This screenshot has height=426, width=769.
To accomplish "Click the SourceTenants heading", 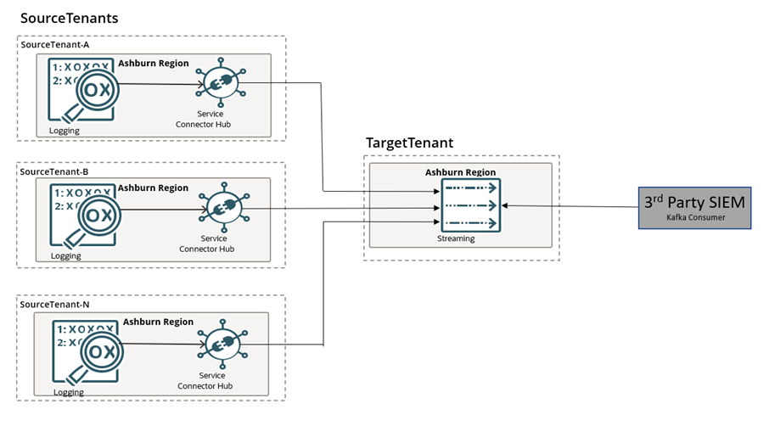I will tap(69, 18).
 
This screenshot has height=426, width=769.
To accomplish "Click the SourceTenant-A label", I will tap(53, 44).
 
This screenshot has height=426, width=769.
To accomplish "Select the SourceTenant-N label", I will tap(53, 304).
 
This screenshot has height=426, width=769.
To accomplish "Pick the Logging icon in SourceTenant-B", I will tap(81, 215).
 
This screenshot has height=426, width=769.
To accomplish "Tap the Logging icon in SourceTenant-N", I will tap(85, 351).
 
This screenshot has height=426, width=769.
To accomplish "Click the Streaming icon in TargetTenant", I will tap(470, 205).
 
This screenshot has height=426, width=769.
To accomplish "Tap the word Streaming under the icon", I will tap(457, 238).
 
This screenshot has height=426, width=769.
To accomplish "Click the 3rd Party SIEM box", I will tap(694, 208).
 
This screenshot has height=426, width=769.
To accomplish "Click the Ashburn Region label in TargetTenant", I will tap(460, 172).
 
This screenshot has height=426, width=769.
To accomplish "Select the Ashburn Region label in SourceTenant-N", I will tap(158, 322).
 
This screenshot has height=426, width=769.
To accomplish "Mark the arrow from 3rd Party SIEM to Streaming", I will tap(570, 205).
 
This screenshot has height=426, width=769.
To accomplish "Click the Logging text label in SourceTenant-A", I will tap(65, 130).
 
